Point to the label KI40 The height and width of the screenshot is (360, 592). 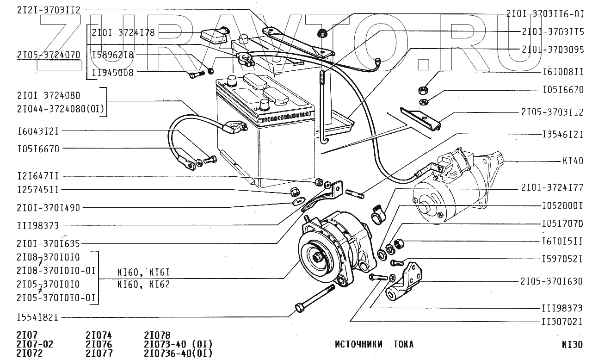[573, 161]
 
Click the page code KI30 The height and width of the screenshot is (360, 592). [572, 345]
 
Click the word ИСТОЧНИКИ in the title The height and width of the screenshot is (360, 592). [359, 344]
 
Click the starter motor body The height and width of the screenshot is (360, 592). [444, 199]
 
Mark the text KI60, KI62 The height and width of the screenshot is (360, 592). [143, 284]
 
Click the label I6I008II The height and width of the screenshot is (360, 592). [562, 72]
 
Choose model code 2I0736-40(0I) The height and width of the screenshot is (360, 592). [178, 354]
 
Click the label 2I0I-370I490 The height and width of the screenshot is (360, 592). [48, 208]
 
